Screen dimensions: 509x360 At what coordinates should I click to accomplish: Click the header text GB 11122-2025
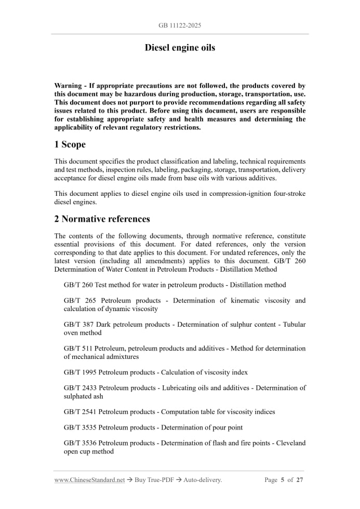tap(180, 25)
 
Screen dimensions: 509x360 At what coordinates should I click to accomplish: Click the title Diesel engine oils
tap(180, 48)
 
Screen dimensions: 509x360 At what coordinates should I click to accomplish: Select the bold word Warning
tap(68, 86)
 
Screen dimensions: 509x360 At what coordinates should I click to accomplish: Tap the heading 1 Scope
tap(70, 144)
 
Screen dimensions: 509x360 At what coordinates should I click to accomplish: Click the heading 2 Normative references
tap(102, 219)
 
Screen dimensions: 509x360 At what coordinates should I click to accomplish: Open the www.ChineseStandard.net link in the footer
tap(89, 480)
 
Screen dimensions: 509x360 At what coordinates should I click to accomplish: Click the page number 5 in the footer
tap(283, 480)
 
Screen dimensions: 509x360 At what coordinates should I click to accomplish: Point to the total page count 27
tap(300, 480)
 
